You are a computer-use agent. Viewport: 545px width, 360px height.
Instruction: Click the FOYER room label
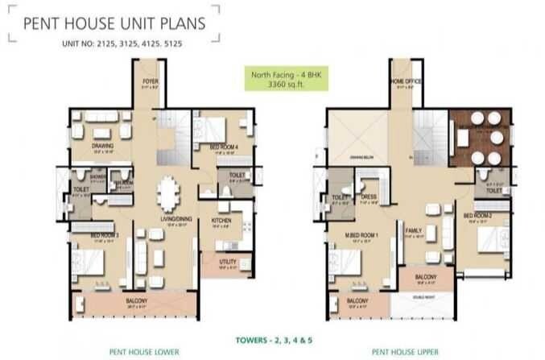pyautogui.click(x=150, y=81)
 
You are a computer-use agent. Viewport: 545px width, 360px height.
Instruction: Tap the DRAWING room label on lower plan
pyautogui.click(x=102, y=146)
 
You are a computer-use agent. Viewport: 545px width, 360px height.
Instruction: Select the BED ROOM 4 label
pyautogui.click(x=222, y=147)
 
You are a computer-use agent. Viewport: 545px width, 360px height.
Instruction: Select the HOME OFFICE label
pyautogui.click(x=403, y=81)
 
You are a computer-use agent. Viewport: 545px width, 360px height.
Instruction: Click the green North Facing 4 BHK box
pyautogui.click(x=272, y=80)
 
